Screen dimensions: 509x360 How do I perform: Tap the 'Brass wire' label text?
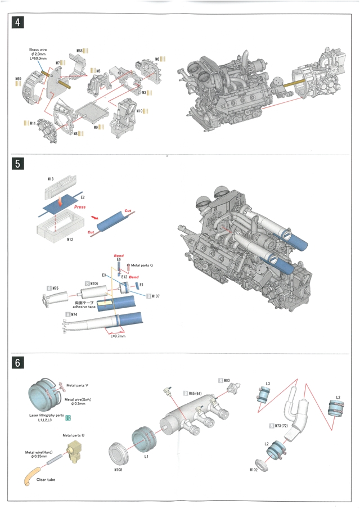(x=38, y=49)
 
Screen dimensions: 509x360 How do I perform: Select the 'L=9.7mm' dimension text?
(x=118, y=336)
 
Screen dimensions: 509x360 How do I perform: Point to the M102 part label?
(x=254, y=470)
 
